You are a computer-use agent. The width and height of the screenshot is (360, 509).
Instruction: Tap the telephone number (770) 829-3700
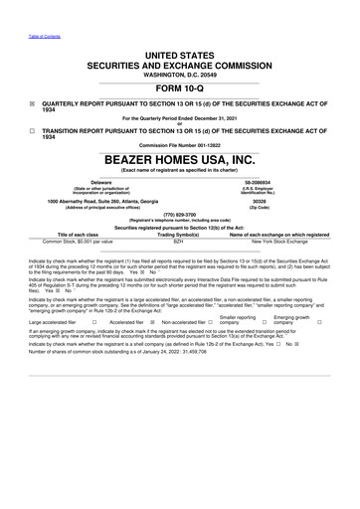coord(180,213)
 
